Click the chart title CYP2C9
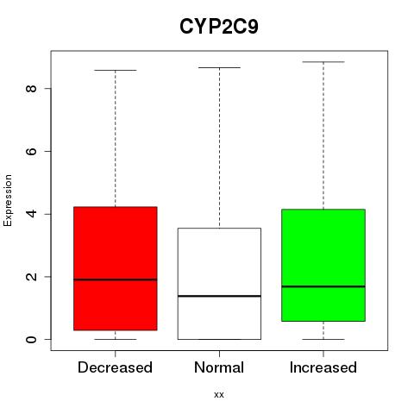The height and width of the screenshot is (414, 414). (219, 27)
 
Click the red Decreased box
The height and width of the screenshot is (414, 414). (116, 268)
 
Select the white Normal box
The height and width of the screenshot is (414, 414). (219, 284)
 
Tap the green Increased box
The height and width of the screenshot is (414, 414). (323, 265)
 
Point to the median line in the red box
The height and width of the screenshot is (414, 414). (116, 279)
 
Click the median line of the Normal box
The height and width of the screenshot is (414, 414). (219, 296)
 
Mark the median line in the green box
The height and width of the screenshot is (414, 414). (323, 286)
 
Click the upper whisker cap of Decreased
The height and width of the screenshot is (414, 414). (116, 70)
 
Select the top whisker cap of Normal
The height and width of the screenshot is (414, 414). (219, 68)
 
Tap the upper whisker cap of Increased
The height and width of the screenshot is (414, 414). (323, 62)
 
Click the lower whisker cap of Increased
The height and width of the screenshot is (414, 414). (323, 339)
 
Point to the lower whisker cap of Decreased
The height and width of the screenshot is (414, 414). (116, 339)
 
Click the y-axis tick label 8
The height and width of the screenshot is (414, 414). (31, 88)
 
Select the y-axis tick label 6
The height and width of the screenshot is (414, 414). (31, 151)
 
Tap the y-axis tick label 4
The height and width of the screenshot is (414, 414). (31, 214)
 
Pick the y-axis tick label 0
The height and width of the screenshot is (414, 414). (31, 339)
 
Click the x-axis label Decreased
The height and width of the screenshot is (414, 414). (115, 367)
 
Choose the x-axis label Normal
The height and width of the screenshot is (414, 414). (219, 367)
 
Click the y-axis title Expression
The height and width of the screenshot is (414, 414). (8, 200)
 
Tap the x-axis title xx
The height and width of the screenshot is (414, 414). (219, 395)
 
